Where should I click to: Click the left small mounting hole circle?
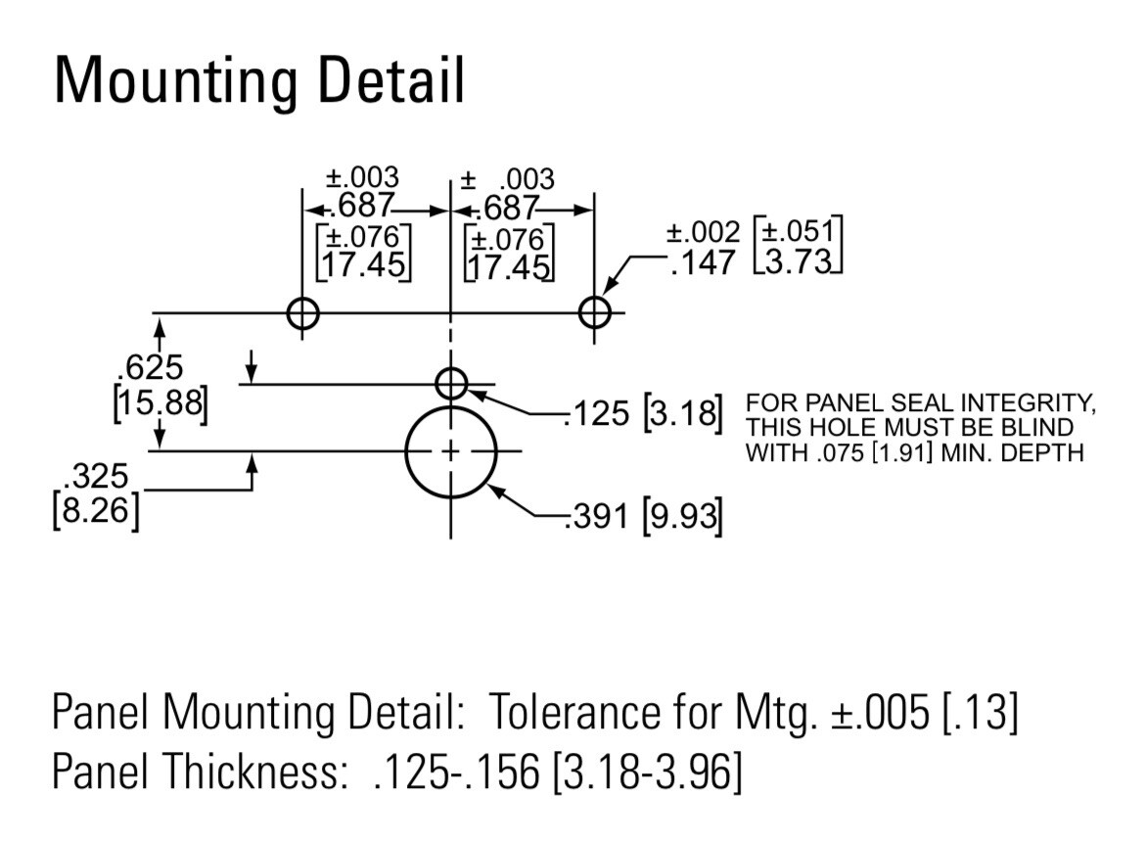point(289,314)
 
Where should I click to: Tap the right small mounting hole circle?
point(579,313)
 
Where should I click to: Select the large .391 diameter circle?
point(406,451)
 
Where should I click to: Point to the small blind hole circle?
point(436,384)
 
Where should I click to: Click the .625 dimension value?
point(150,367)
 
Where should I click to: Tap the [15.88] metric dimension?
point(160,402)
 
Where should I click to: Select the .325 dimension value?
point(96,476)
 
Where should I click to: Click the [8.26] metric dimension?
point(96,510)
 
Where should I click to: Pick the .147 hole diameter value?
point(704,263)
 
